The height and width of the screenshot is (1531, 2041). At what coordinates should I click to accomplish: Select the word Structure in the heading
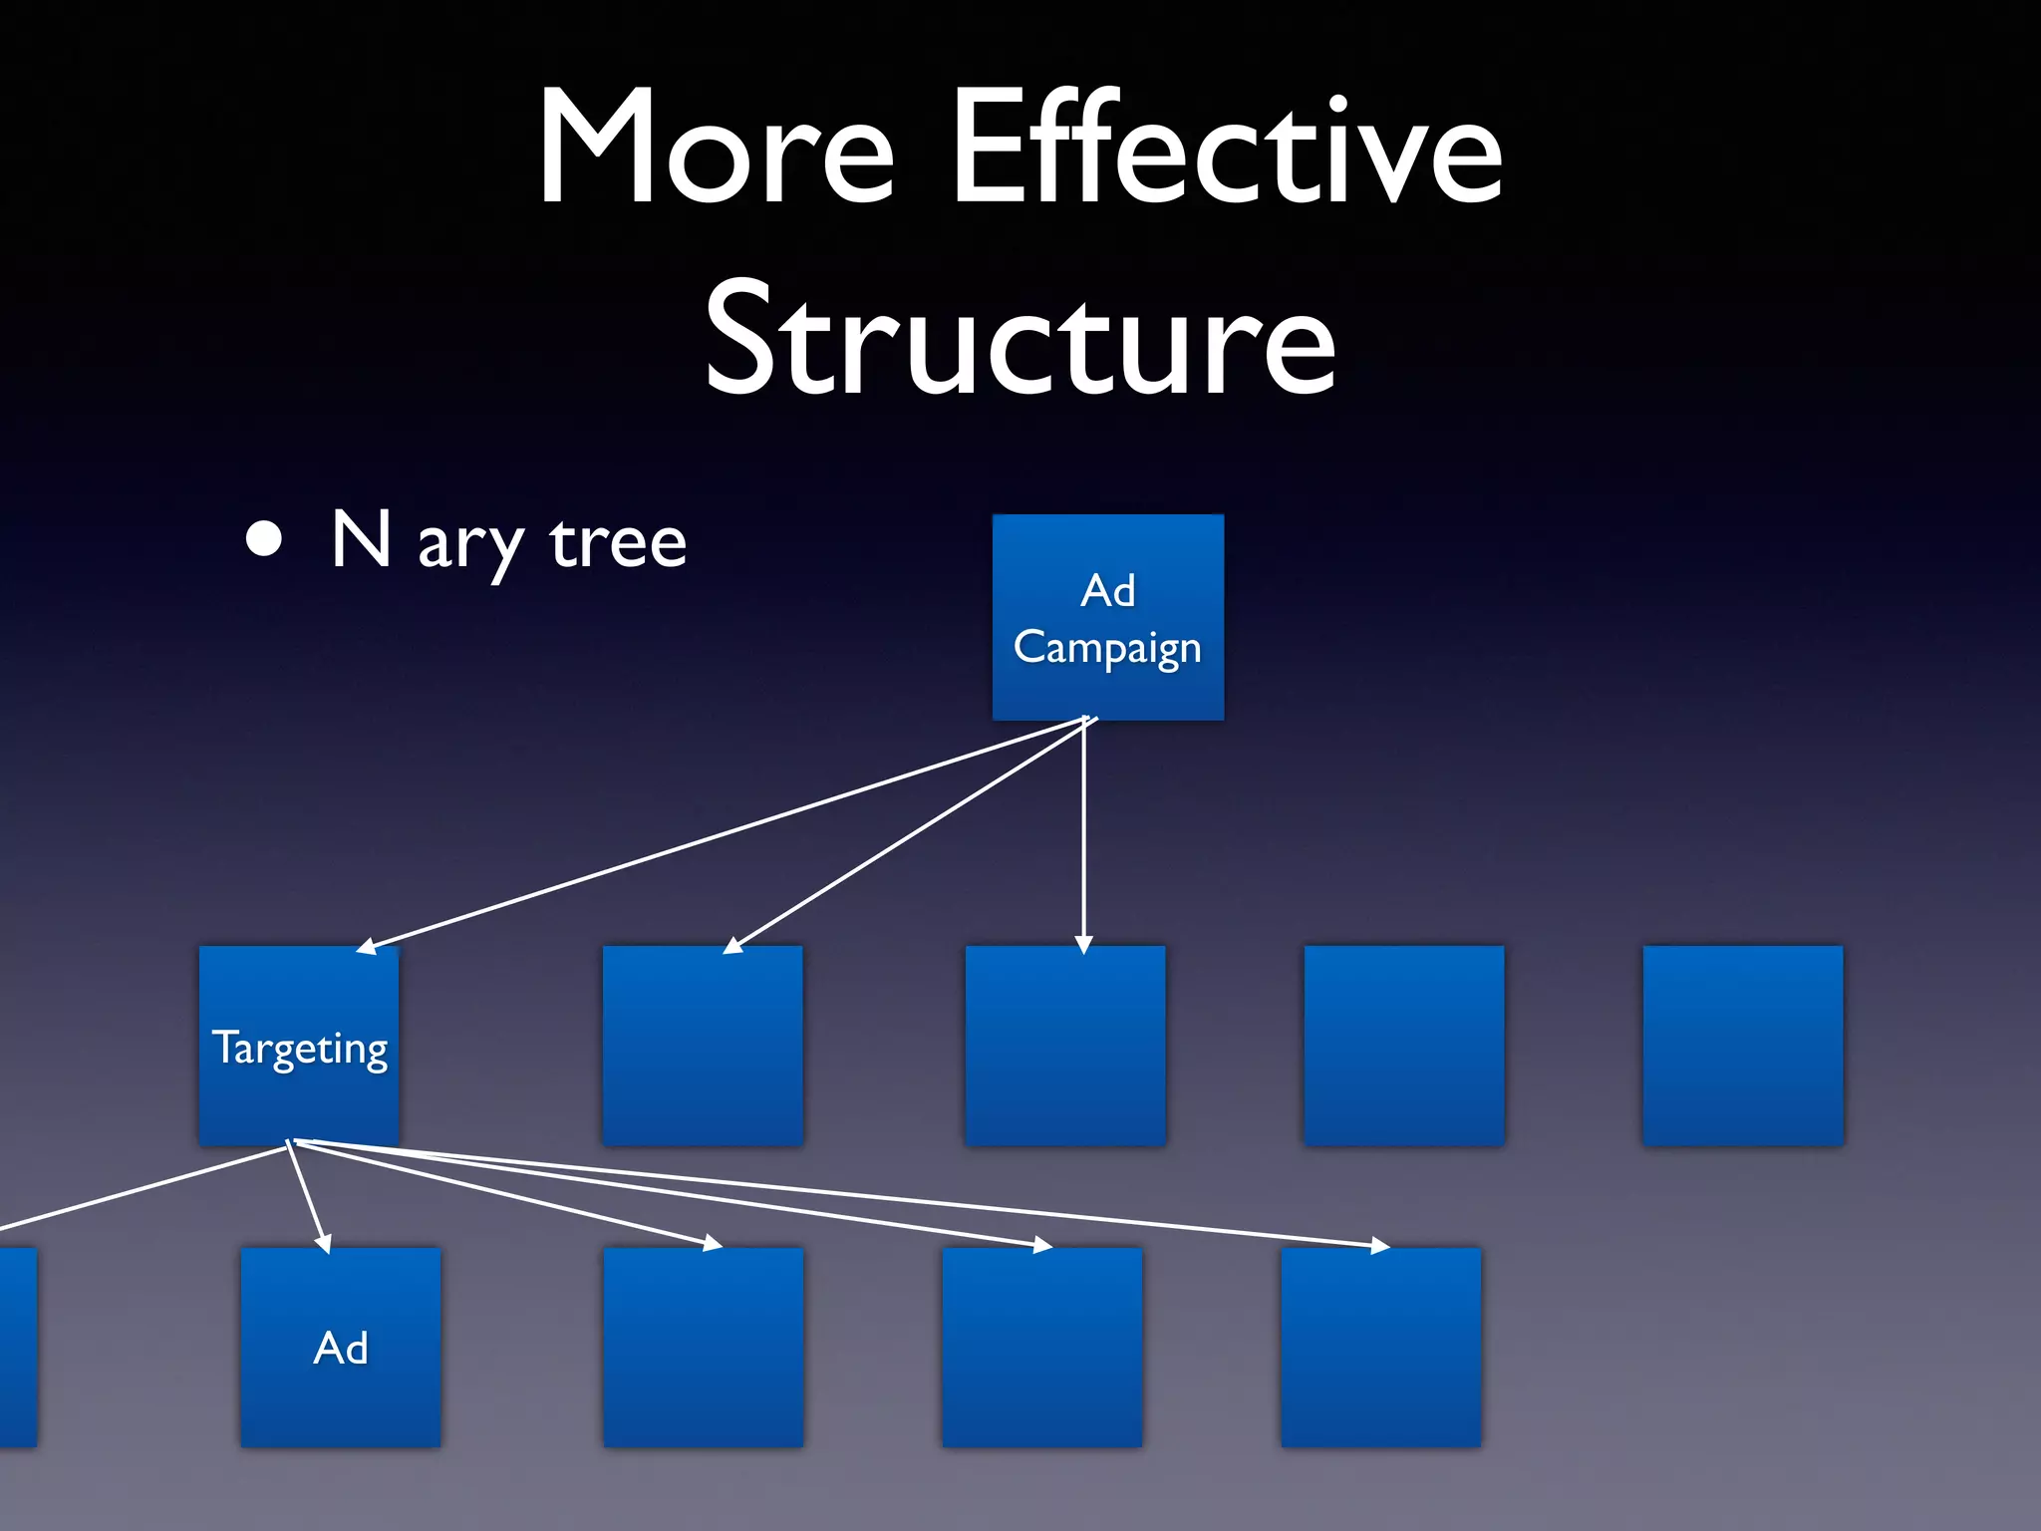(1020, 339)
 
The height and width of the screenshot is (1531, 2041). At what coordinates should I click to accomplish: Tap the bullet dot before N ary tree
(264, 539)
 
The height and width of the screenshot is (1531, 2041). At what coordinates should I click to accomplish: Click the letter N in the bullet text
(360, 539)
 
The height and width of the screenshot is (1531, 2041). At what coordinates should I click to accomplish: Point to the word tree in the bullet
(618, 544)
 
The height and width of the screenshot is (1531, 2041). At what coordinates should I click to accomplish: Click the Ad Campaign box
(1107, 618)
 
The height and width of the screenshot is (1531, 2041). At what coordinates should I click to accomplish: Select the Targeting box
(299, 1047)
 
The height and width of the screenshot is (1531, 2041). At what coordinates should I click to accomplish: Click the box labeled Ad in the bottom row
(341, 1348)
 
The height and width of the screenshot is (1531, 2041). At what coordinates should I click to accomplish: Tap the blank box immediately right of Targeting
(703, 1047)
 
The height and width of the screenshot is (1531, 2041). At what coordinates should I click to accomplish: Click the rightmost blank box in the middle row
(1743, 1047)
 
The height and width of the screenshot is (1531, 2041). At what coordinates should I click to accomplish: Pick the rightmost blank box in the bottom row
(1380, 1348)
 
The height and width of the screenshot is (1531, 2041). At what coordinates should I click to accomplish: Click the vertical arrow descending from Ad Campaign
(1084, 837)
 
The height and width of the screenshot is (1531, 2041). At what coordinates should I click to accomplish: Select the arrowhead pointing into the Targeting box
(367, 947)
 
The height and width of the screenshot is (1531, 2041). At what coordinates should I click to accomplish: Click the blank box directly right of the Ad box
(703, 1348)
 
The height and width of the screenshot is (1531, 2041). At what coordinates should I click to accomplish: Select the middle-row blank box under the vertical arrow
(1065, 1047)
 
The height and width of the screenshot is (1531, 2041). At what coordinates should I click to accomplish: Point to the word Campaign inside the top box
(1107, 648)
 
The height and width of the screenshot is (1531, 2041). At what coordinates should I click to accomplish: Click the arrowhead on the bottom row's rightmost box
(1379, 1245)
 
